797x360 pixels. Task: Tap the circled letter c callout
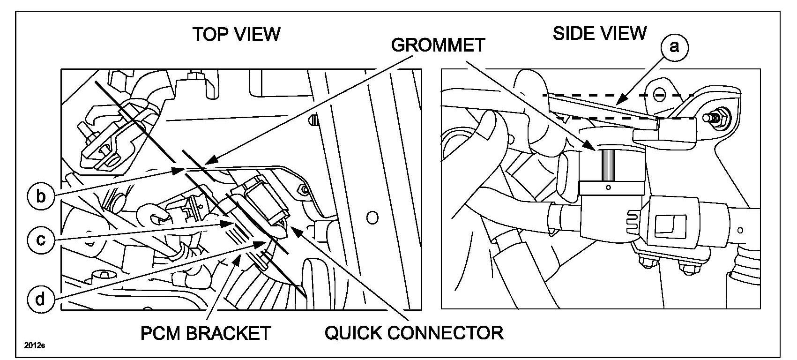[x=41, y=240]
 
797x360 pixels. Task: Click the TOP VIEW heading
[x=237, y=34]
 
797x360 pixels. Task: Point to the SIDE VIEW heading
[x=599, y=33]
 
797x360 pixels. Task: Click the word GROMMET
[x=438, y=45]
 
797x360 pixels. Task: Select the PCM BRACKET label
[x=206, y=333]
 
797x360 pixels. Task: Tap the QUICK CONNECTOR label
[x=414, y=333]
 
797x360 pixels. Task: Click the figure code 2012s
[x=34, y=346]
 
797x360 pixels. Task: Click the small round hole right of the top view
[x=372, y=217]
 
